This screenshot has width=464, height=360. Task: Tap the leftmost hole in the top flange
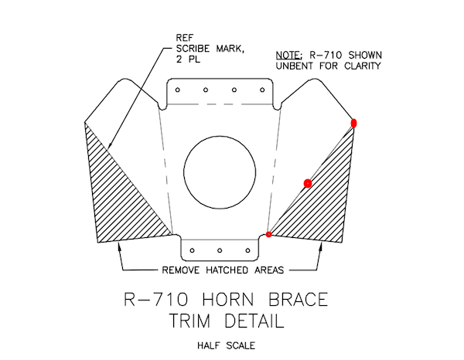click(178, 90)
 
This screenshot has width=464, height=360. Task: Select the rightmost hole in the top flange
click(262, 90)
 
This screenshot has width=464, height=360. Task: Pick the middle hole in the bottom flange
click(220, 250)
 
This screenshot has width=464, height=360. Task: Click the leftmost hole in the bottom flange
click(192, 250)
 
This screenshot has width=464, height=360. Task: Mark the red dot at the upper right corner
click(353, 123)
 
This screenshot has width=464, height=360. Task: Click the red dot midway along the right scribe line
click(308, 184)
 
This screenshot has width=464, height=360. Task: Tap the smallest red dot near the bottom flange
click(268, 234)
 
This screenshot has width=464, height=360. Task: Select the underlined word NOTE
click(288, 56)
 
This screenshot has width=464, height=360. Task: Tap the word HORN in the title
click(228, 300)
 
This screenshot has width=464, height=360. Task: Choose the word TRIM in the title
click(190, 321)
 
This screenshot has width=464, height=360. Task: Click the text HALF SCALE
click(226, 345)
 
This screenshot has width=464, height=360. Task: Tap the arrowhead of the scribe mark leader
click(109, 145)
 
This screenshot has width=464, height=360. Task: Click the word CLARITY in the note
click(362, 66)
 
